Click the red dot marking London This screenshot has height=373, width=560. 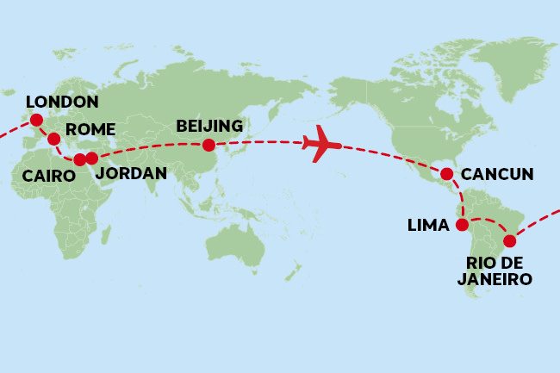tap(35, 121)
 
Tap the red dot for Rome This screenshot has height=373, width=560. tap(53, 138)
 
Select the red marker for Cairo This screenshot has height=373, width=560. tap(79, 159)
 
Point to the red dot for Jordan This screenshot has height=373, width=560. tap(92, 159)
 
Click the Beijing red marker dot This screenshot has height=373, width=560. tap(208, 146)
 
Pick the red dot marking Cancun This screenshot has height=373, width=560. tap(447, 175)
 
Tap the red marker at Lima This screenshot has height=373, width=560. tap(462, 226)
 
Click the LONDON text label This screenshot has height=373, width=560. tap(62, 102)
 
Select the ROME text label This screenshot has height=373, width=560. tap(90, 129)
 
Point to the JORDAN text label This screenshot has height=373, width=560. tap(130, 173)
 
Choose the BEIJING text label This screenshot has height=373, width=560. tap(209, 126)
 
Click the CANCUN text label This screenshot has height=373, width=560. tap(497, 175)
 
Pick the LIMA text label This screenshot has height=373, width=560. tap(428, 226)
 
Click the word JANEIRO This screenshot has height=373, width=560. tap(495, 279)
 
